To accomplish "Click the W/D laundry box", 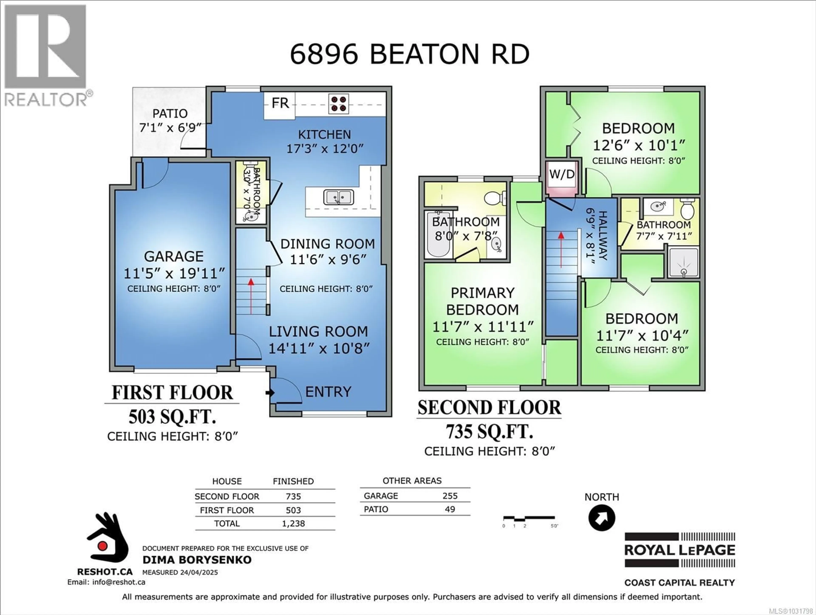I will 561,174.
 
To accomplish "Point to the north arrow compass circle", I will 602,518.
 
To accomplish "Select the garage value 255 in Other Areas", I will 450,496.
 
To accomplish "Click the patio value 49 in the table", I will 450,509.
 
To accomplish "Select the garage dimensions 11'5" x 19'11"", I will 174,273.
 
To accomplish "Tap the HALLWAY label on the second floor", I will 602,235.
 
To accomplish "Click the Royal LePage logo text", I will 680,550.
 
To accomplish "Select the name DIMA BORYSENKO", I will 197,560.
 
